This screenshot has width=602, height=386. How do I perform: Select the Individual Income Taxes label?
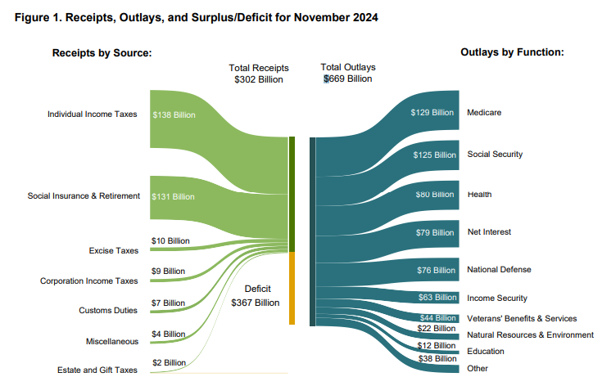click(93, 114)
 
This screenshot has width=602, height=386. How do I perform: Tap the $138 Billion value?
click(174, 115)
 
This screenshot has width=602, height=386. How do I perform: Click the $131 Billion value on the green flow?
click(174, 196)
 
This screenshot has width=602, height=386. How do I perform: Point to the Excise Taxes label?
click(114, 250)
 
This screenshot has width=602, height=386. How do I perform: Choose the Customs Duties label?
click(108, 310)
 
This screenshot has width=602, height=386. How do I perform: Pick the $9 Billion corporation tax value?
click(168, 271)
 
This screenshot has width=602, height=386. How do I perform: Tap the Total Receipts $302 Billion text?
click(258, 74)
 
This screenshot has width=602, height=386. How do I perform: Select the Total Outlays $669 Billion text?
click(348, 74)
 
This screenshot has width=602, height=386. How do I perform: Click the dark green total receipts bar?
click(292, 194)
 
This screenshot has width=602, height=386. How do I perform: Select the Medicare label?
click(484, 112)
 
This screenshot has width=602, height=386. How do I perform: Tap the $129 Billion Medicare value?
click(432, 113)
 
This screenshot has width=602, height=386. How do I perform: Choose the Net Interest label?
click(489, 232)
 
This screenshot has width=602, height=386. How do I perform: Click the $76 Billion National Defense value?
click(435, 270)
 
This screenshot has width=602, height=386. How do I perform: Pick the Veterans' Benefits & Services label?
click(522, 318)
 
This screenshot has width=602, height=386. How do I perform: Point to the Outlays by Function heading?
click(513, 52)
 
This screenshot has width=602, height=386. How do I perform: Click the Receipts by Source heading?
click(102, 52)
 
